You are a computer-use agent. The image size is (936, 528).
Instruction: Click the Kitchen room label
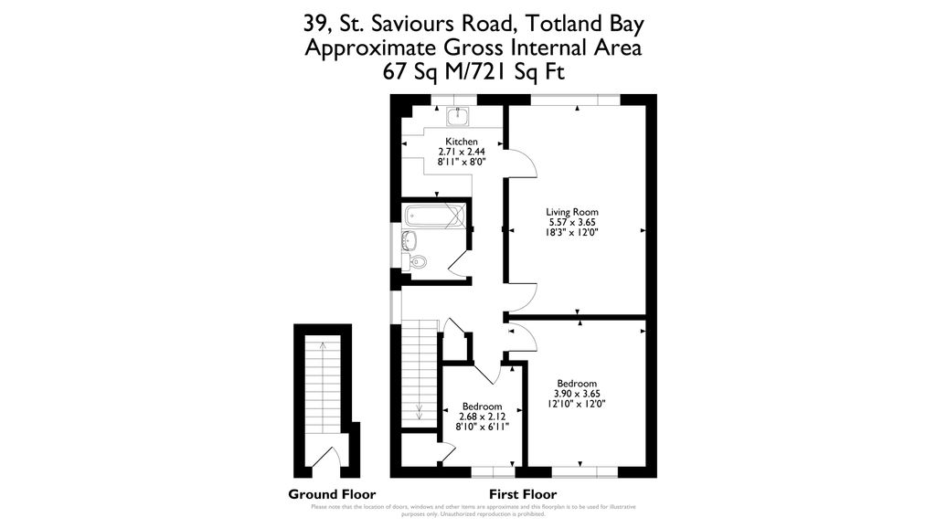(462, 141)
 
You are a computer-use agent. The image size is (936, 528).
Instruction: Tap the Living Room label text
(572, 211)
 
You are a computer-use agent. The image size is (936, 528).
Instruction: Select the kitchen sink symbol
(457, 115)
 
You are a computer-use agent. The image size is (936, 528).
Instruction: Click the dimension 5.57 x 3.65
(572, 222)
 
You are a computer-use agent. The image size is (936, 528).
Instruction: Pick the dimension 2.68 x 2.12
(481, 417)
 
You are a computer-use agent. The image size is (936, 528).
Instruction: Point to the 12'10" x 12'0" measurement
(577, 404)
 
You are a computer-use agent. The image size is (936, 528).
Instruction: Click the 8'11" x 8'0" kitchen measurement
(462, 162)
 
